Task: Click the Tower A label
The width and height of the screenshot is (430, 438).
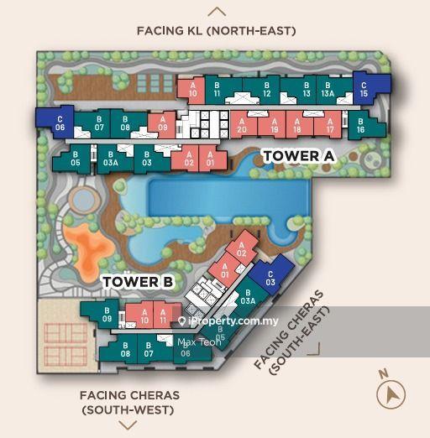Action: (291, 156)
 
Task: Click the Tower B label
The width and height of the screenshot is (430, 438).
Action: (138, 283)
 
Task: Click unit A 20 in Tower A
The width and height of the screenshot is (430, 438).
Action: (242, 125)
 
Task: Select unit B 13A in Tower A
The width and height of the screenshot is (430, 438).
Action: (328, 88)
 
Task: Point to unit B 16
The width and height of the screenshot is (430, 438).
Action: (359, 127)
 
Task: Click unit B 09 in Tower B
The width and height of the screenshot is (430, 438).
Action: (107, 315)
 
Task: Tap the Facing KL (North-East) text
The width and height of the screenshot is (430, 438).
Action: (216, 31)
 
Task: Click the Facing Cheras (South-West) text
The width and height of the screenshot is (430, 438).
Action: (129, 402)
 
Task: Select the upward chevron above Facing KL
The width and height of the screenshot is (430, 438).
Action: (217, 12)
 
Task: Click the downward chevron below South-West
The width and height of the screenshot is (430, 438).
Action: (128, 425)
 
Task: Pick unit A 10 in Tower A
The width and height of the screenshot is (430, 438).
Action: (192, 89)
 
